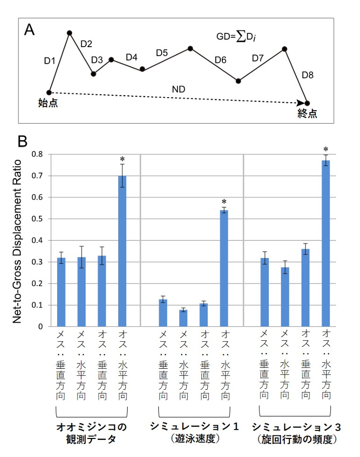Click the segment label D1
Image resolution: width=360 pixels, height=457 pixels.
[x=50, y=61]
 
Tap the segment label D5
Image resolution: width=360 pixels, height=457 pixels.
[x=162, y=52]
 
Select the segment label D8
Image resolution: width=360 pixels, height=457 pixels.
[x=308, y=75]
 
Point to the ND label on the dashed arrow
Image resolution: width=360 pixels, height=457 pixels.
[x=179, y=89]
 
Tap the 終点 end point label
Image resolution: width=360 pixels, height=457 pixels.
[x=307, y=113]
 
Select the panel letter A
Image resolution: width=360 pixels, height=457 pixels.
[x=30, y=30]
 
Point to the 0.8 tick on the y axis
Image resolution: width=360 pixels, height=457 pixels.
[x=38, y=154]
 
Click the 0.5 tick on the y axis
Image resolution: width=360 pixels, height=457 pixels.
[x=38, y=219]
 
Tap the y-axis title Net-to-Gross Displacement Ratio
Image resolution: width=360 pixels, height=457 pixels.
[x=18, y=241]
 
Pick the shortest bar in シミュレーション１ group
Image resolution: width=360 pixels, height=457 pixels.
[x=183, y=318]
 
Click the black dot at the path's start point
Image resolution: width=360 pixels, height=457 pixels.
[x=49, y=93]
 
